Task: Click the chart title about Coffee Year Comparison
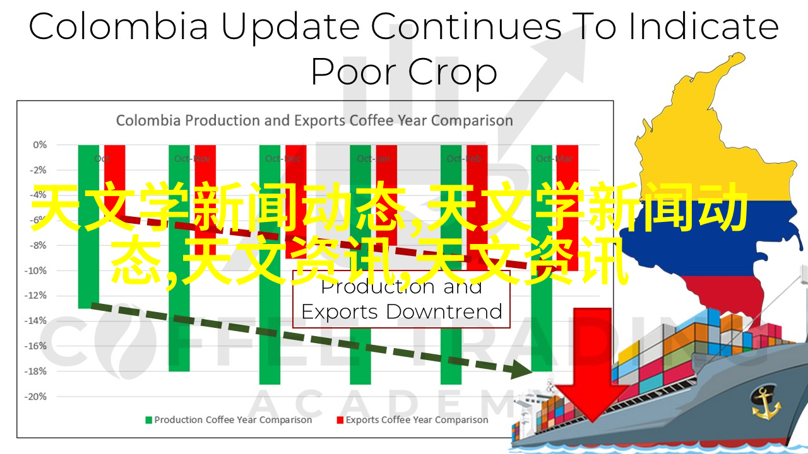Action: point(314,120)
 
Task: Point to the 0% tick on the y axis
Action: point(40,144)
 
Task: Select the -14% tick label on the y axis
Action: point(37,320)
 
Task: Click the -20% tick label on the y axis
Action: point(37,396)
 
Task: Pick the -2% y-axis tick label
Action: point(39,170)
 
